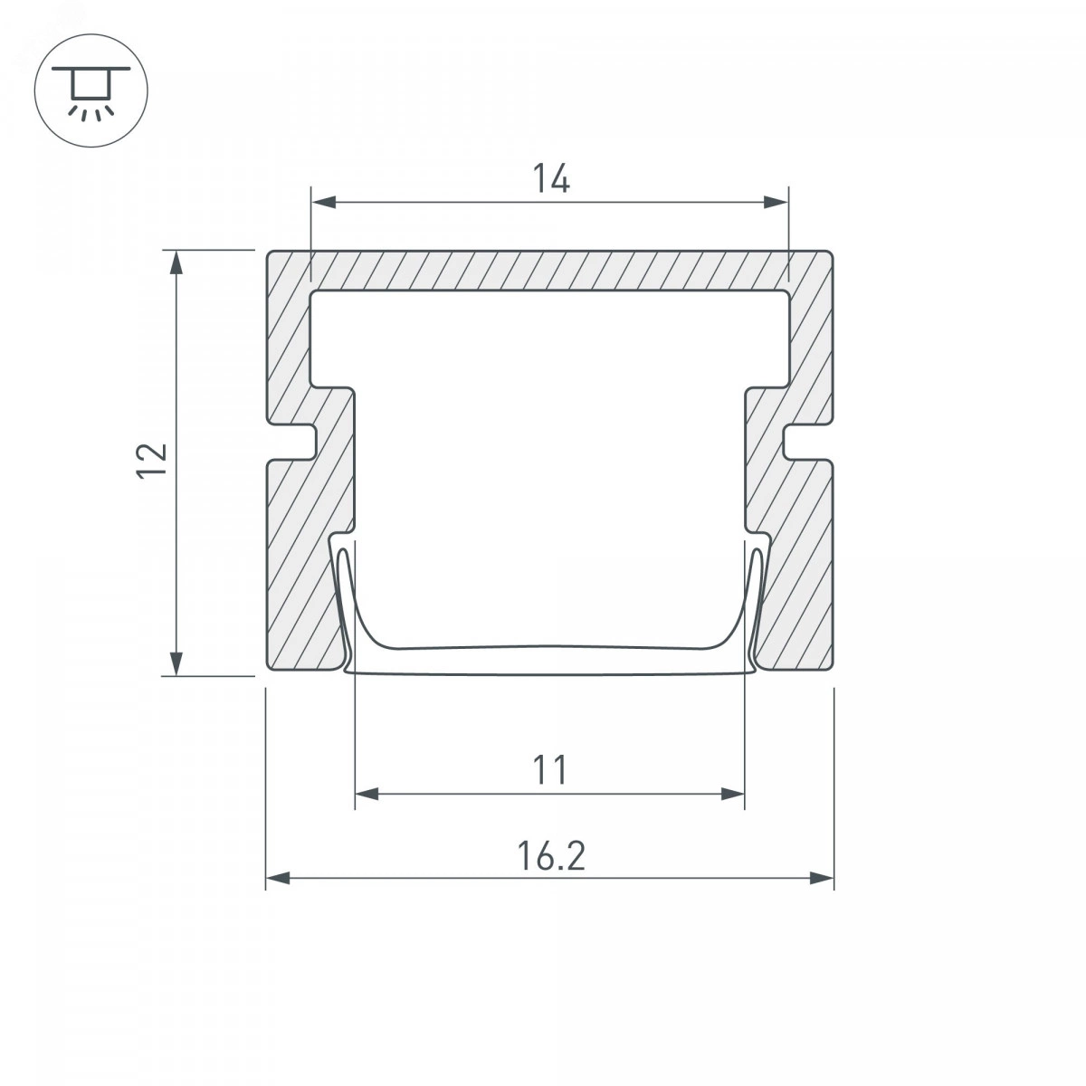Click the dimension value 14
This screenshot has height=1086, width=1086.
click(550, 177)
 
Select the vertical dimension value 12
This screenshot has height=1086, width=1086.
click(152, 461)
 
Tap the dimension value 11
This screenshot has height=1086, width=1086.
click(549, 770)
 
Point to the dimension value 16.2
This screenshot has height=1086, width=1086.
click(550, 855)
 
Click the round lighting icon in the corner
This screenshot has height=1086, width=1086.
click(91, 90)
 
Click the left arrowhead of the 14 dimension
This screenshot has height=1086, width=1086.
click(324, 203)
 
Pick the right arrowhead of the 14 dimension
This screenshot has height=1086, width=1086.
click(776, 203)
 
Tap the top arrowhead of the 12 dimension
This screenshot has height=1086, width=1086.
click(177, 262)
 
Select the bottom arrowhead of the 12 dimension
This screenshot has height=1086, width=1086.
click(177, 662)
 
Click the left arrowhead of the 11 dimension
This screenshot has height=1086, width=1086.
click(367, 794)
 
